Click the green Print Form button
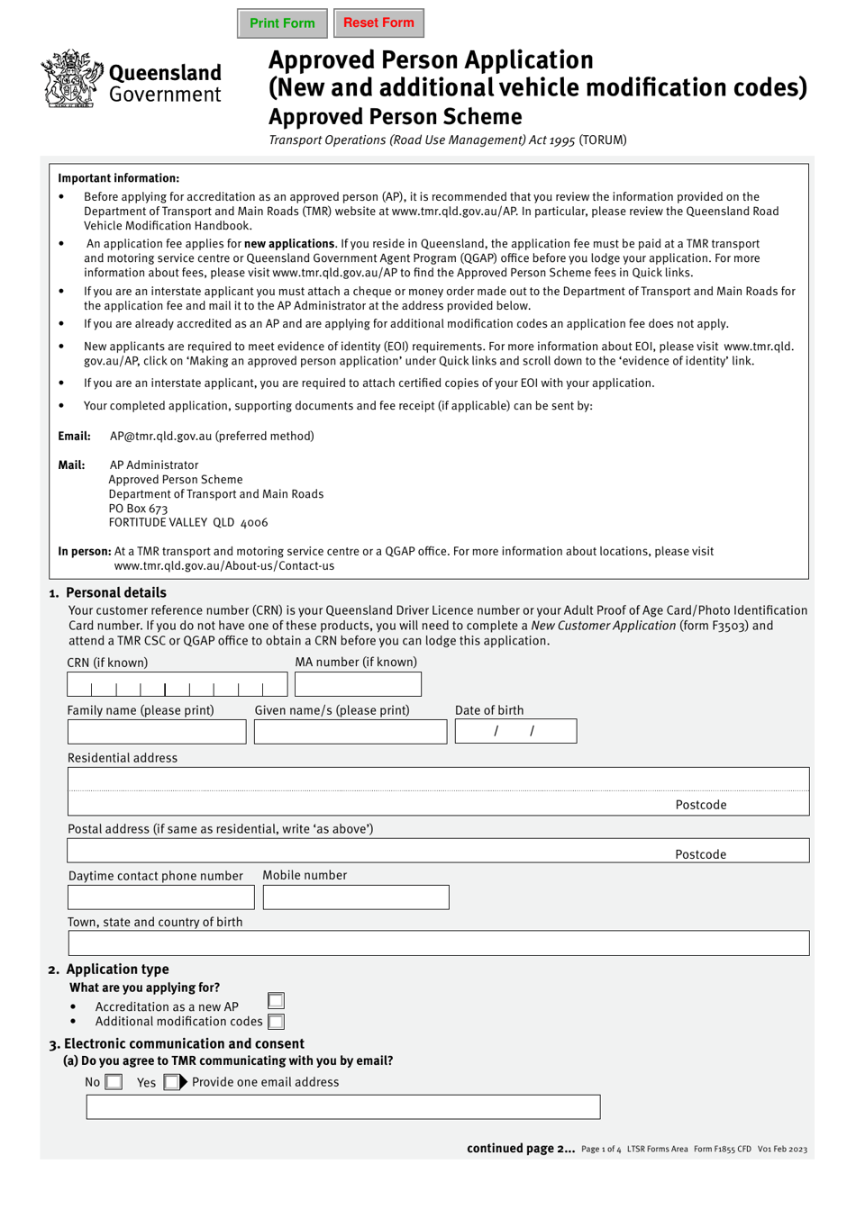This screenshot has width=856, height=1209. (282, 23)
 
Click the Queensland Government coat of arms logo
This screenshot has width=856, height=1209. (68, 80)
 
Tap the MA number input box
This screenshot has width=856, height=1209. (358, 685)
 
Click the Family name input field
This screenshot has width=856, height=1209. (157, 732)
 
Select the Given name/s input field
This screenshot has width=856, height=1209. (351, 732)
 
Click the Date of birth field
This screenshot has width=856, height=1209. (515, 731)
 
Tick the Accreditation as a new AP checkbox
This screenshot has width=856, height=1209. (276, 1001)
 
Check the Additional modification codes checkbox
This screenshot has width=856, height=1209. (277, 1022)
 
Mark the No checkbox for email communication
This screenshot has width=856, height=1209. (114, 1082)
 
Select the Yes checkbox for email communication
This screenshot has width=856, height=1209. (170, 1082)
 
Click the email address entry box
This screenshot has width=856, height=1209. (343, 1107)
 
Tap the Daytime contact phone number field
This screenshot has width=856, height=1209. (161, 898)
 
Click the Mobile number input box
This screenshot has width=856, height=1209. (356, 898)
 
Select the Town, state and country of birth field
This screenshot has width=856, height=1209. (439, 943)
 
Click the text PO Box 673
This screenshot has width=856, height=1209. (138, 509)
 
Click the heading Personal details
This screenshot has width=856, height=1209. (116, 592)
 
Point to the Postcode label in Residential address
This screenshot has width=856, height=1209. (700, 805)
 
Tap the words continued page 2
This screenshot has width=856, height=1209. (520, 1149)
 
